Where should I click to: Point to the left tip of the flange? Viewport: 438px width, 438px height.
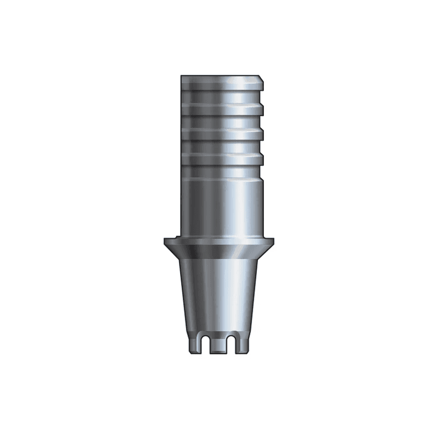[165, 240]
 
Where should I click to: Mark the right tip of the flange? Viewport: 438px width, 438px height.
[273, 240]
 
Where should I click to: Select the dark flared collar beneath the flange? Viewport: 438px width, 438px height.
[219, 252]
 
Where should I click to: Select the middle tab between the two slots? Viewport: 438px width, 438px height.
[220, 346]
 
